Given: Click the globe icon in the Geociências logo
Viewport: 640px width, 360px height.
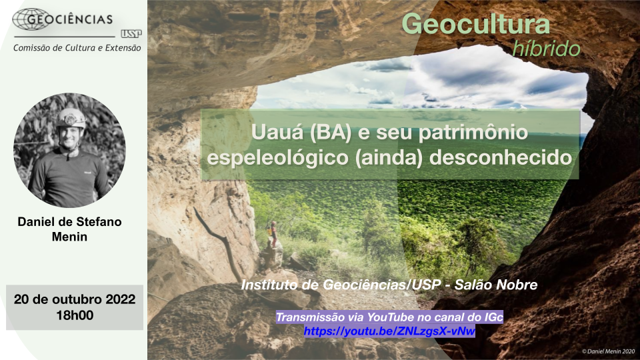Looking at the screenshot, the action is [x=31, y=19].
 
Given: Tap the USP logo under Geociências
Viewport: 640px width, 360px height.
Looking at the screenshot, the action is [x=131, y=34].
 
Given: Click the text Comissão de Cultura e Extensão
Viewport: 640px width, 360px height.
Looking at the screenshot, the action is [x=77, y=48].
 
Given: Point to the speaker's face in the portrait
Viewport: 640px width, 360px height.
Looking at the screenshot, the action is [x=71, y=135].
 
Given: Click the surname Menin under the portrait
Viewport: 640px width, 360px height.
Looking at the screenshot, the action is [x=69, y=237].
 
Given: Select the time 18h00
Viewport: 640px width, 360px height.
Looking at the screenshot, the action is [x=75, y=315].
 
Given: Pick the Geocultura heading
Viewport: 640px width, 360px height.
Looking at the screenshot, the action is [x=476, y=24].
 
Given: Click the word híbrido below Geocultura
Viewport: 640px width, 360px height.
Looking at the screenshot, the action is [x=547, y=49].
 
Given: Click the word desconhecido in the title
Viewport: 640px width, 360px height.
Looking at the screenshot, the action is [x=501, y=157].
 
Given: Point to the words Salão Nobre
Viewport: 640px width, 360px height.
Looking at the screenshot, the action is [x=496, y=285].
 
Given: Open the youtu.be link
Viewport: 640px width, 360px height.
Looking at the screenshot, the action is [x=389, y=331].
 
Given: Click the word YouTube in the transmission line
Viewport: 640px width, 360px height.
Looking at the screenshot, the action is [x=389, y=317].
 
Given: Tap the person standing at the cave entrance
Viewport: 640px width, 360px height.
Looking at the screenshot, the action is [x=273, y=234].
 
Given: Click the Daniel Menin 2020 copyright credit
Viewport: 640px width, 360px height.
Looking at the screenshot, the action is [x=608, y=351].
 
